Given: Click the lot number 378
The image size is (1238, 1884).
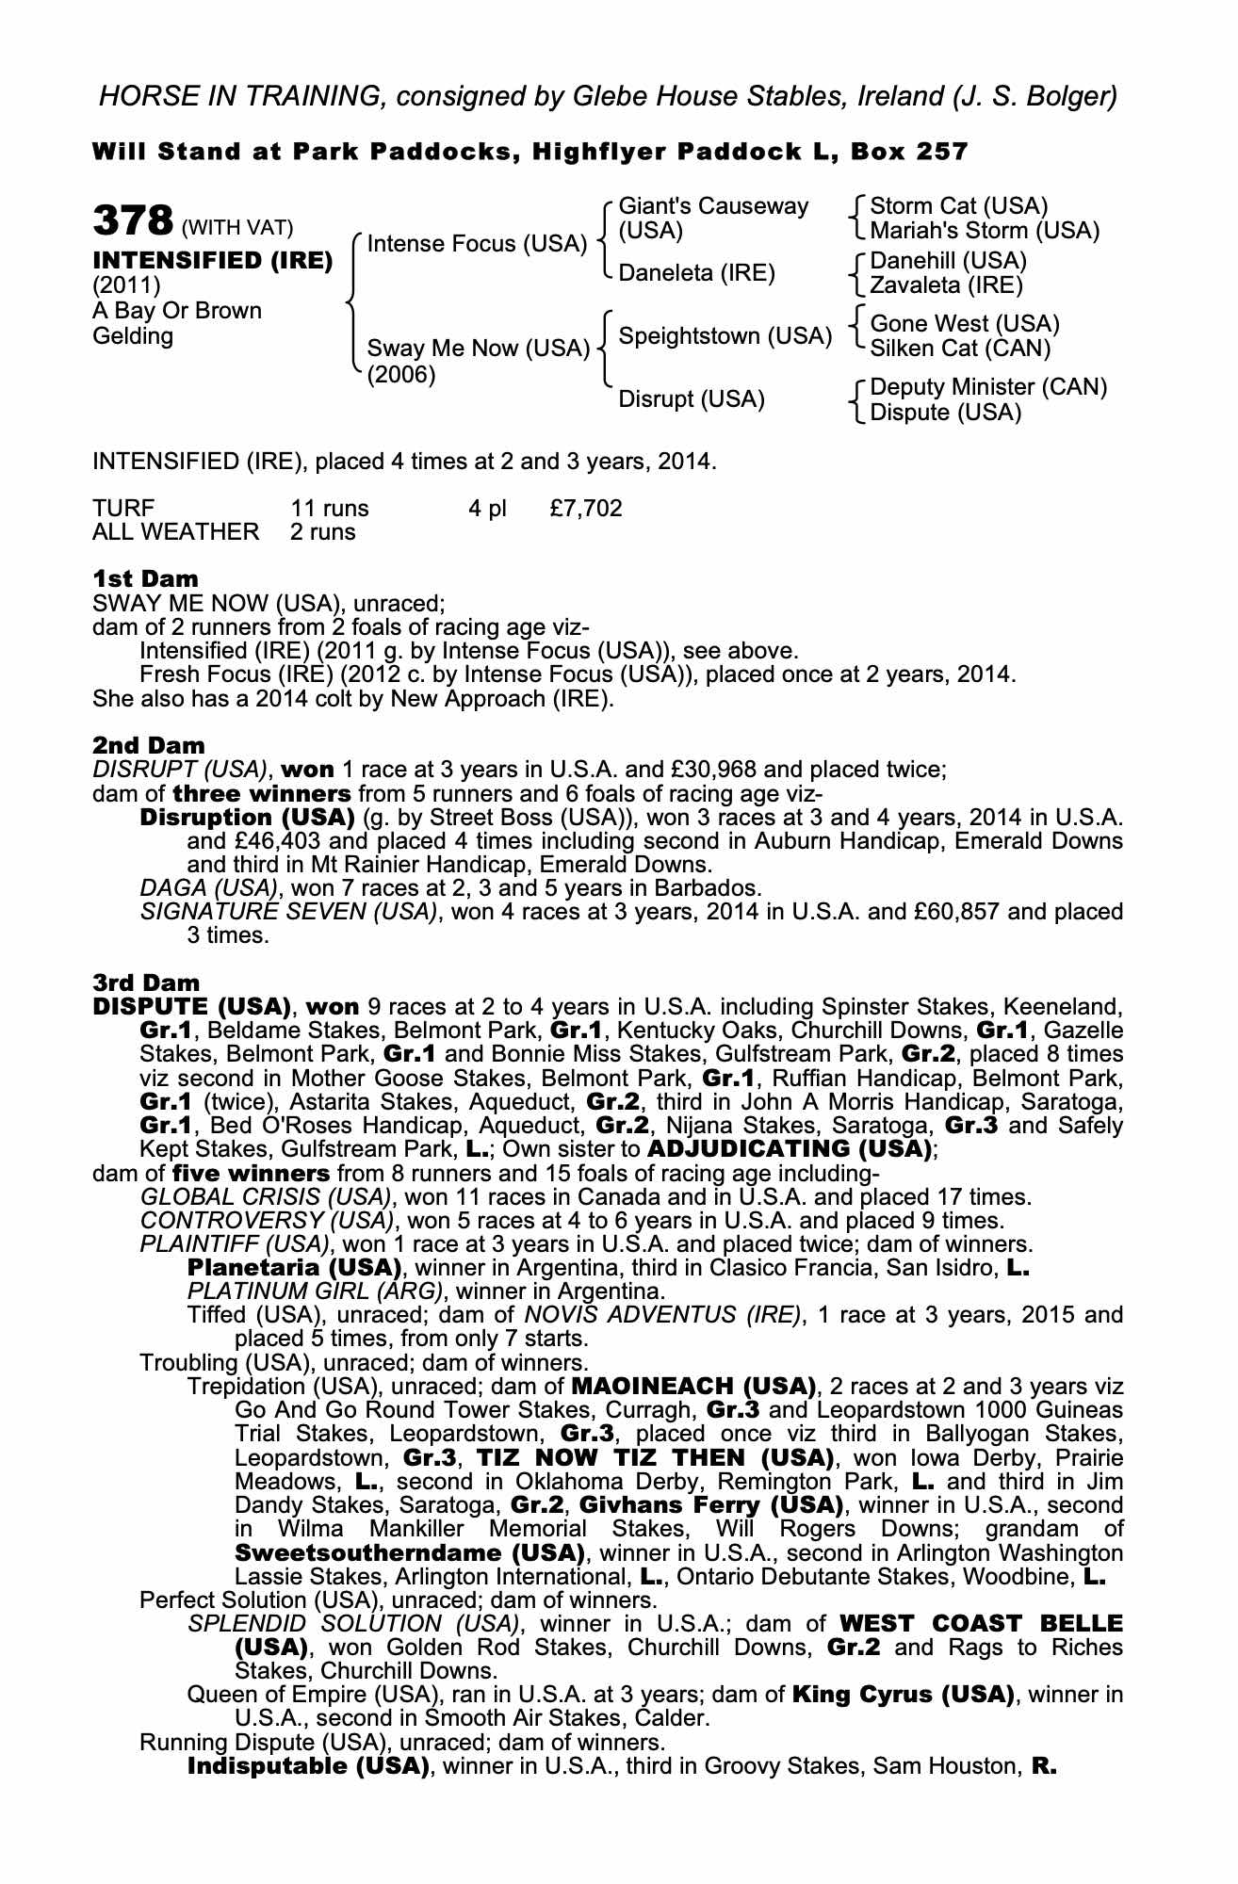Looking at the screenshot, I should (x=133, y=221).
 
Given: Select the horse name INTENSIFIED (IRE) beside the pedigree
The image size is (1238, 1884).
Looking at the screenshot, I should (x=212, y=261).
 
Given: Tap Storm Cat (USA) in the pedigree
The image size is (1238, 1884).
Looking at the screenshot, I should (x=958, y=206).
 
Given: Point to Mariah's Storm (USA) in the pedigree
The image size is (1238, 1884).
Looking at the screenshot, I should (x=985, y=231).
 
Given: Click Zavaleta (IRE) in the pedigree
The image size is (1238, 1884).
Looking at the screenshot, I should (x=946, y=284).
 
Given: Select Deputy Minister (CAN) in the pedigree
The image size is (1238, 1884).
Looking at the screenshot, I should (x=988, y=387).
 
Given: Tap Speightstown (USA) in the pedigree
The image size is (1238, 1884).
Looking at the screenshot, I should (x=725, y=336).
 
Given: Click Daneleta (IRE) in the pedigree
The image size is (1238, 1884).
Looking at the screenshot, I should (x=696, y=273).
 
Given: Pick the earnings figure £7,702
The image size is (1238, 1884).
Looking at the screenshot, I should (x=585, y=509).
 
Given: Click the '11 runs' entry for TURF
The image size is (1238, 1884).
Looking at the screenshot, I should (x=330, y=509).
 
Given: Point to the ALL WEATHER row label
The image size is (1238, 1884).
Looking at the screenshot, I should (x=175, y=532).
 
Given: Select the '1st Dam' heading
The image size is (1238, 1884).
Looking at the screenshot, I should (x=145, y=578).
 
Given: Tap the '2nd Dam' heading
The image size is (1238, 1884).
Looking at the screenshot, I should (x=148, y=746).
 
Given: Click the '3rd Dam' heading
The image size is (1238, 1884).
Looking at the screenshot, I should (x=146, y=983).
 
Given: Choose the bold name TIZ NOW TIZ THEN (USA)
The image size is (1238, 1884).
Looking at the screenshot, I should (x=656, y=1458).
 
